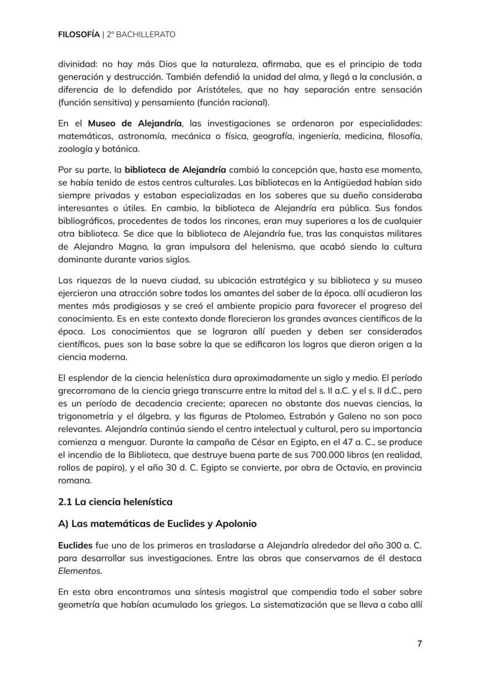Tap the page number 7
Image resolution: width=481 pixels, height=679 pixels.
[x=419, y=644]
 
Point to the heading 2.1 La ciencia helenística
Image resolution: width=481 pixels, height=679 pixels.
[x=115, y=501]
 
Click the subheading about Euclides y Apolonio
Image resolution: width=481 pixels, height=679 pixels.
[x=157, y=523]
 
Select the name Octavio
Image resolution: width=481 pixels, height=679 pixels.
[x=350, y=468]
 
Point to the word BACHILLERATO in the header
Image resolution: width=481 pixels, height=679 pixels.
[x=145, y=35]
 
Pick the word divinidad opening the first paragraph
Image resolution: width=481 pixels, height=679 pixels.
[x=77, y=64]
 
